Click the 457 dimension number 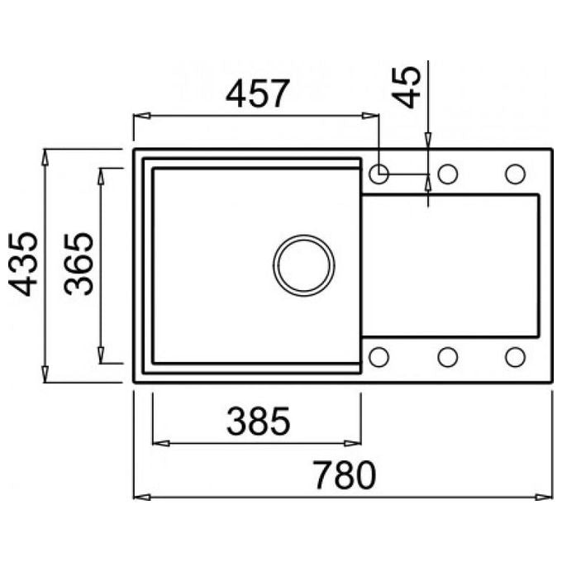(257, 93)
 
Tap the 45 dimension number (406, 87)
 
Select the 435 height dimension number (23, 264)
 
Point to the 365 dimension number (79, 264)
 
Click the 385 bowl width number (258, 421)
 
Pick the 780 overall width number (345, 475)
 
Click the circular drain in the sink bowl (303, 265)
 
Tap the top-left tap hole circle (379, 174)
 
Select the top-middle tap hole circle (448, 174)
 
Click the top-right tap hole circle (516, 174)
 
